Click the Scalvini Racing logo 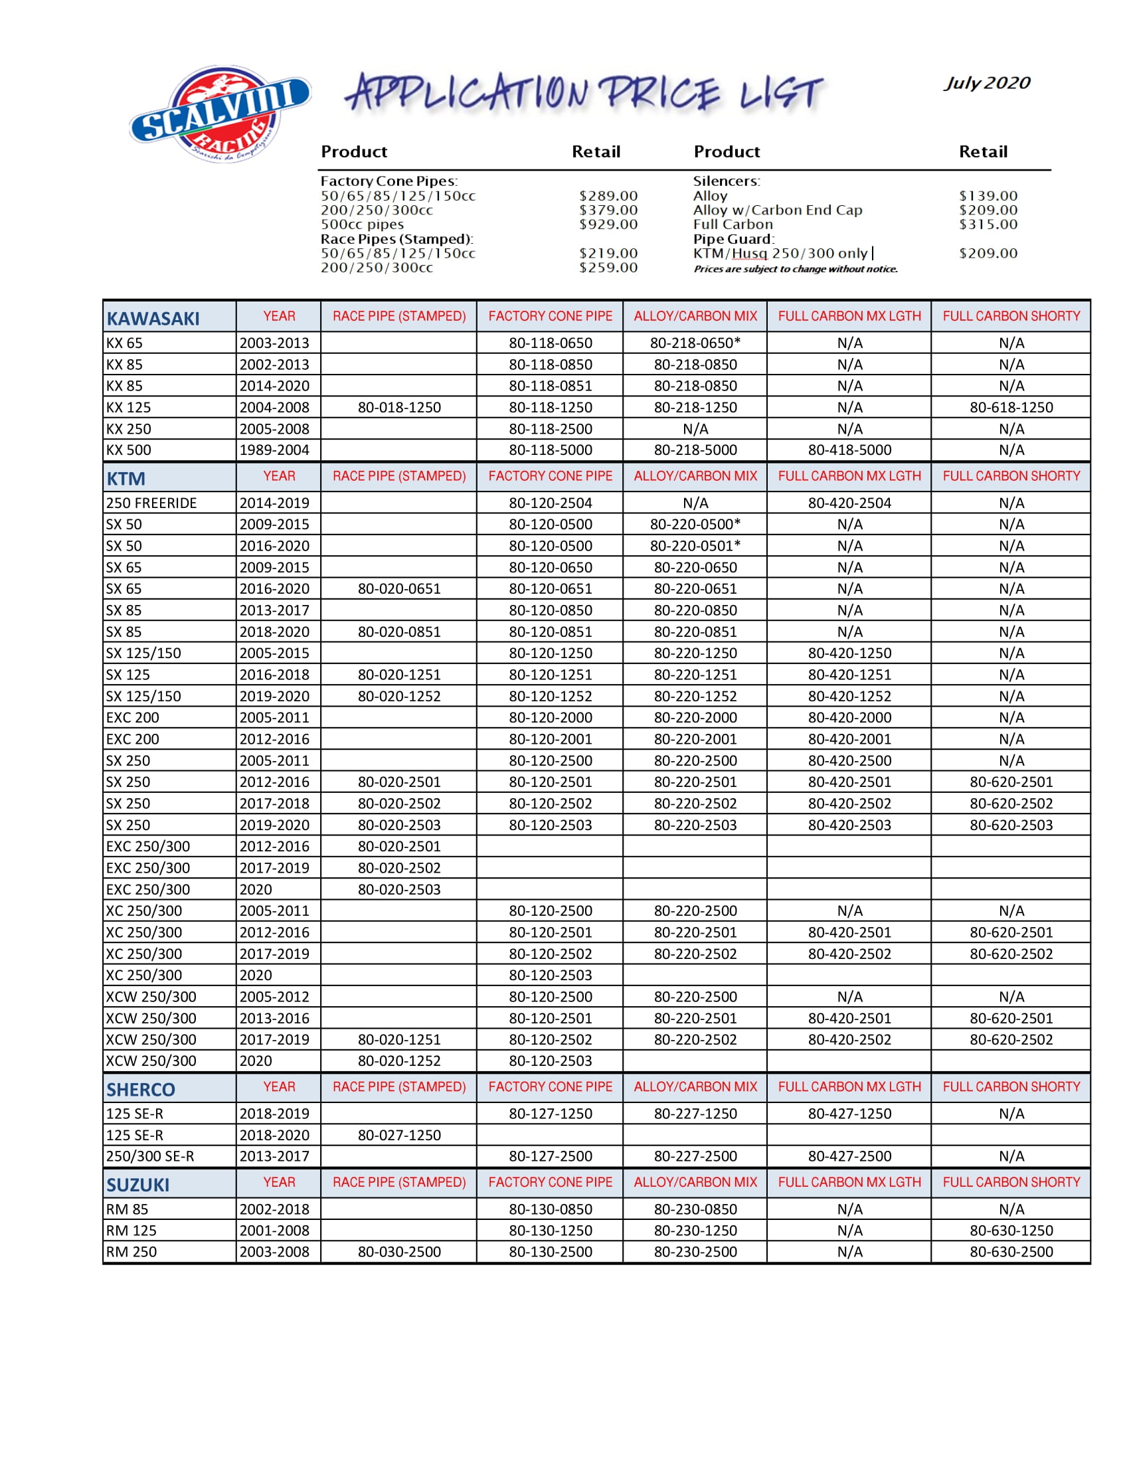click(219, 114)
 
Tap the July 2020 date click(986, 83)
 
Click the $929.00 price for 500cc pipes click(608, 224)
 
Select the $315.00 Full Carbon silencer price click(988, 224)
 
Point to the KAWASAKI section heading click(153, 318)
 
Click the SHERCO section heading click(140, 1090)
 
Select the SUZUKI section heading click(137, 1185)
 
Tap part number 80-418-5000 click(849, 450)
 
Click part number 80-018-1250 click(399, 407)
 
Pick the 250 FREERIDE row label click(151, 503)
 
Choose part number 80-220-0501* click(695, 546)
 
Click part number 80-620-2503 click(1011, 825)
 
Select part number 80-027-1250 click(399, 1135)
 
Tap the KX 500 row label click(128, 450)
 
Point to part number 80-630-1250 click(1011, 1230)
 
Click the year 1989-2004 click(274, 450)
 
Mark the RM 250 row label click(131, 1252)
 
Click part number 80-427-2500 click(849, 1156)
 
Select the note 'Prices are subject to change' click(795, 269)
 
